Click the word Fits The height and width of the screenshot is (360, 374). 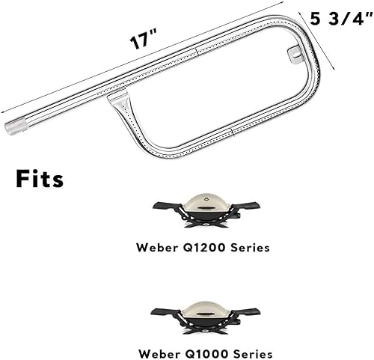point(40,180)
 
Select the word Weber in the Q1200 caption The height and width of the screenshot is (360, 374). point(158,246)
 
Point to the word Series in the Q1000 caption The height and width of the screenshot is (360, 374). point(249,353)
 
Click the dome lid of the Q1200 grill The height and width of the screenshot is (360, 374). point(206,203)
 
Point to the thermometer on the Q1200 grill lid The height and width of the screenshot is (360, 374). point(206,196)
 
